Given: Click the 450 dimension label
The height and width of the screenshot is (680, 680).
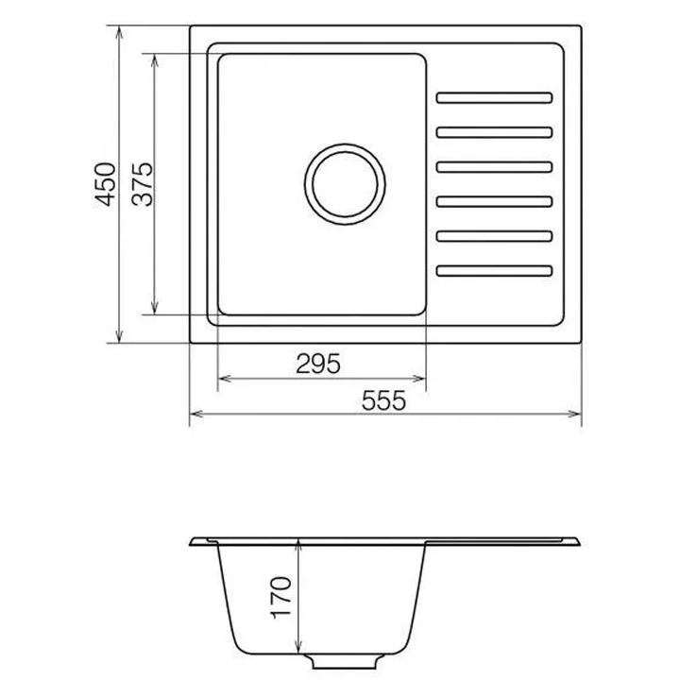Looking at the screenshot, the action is pos(106,184).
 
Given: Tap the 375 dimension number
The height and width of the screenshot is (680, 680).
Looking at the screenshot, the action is pos(143,184).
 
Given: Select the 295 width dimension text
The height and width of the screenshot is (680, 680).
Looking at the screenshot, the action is pos(318,364).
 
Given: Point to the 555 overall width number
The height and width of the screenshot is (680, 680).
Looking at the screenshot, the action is pos(383,400).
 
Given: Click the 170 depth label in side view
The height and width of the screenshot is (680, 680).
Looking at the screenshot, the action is pos(281,597).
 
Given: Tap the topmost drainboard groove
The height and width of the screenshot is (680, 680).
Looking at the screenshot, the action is pos(494,97).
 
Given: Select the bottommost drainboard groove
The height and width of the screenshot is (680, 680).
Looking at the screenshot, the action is pos(494,271).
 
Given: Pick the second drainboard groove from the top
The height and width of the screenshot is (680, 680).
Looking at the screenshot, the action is pos(494,132).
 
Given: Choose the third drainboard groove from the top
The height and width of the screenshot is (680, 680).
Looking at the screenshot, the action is pos(494,167).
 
